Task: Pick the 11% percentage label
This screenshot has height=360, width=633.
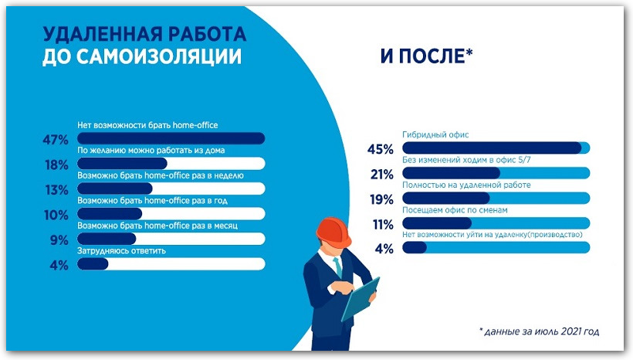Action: click(x=383, y=224)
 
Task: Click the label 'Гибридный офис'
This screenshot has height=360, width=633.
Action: click(x=435, y=134)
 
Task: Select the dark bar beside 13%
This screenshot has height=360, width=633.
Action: click(x=114, y=188)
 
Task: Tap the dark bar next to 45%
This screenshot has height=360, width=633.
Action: click(x=491, y=148)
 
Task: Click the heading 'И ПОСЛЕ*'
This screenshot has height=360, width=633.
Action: click(x=426, y=57)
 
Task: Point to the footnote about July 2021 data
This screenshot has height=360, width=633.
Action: click(x=539, y=331)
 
